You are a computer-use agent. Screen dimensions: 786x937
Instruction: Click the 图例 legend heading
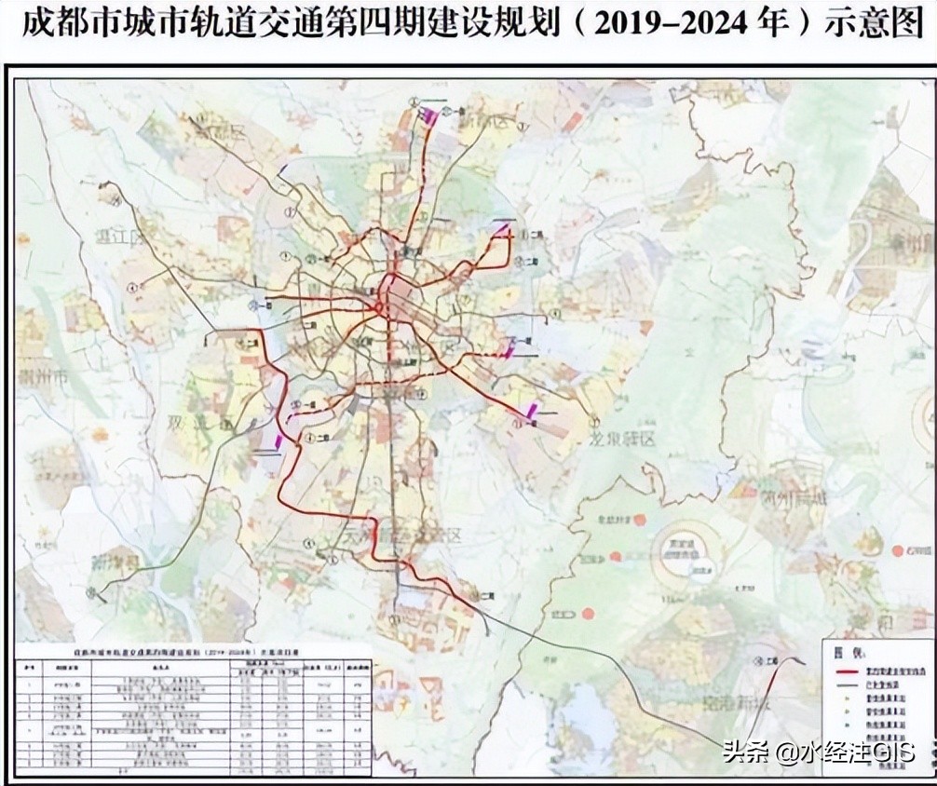pos(842,653)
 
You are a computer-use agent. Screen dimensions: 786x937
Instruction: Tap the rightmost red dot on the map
pos(897,550)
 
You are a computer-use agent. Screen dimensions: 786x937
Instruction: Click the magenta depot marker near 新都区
pos(430,116)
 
